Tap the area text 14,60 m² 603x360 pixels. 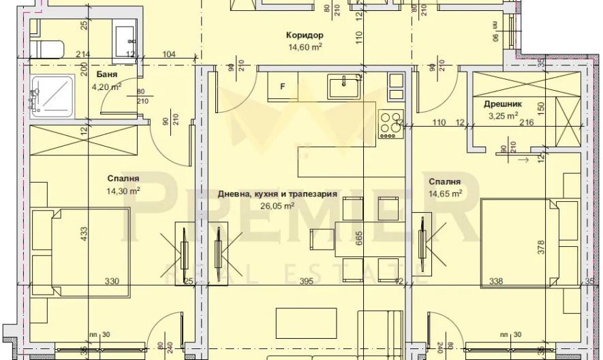[305, 47]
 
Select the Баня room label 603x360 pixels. [106, 74]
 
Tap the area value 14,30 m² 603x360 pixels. [123, 191]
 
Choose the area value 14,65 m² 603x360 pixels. [446, 193]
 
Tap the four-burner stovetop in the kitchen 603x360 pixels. [390, 125]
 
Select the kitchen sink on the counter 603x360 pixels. [344, 87]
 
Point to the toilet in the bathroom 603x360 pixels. [47, 48]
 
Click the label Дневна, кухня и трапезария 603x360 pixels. [277, 194]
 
